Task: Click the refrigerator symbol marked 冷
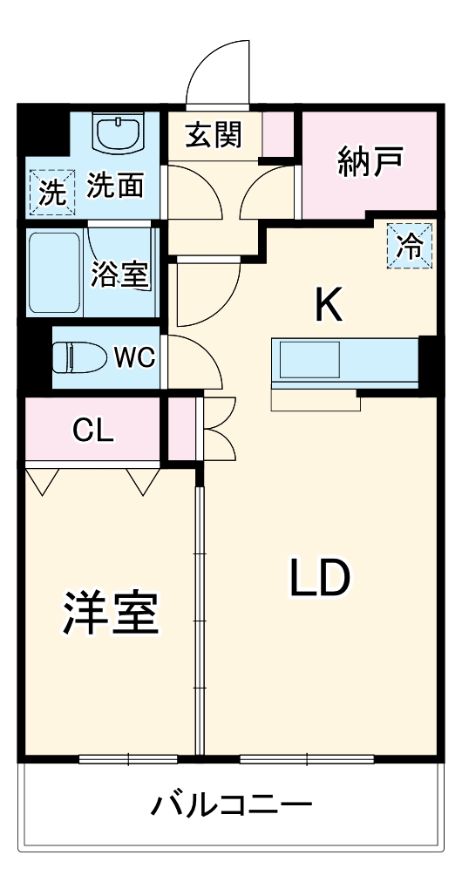[409, 247]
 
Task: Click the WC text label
[134, 356]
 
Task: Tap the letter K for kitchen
[329, 304]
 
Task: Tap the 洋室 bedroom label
[110, 615]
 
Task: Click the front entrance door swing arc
[218, 74]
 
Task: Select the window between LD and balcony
[307, 759]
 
